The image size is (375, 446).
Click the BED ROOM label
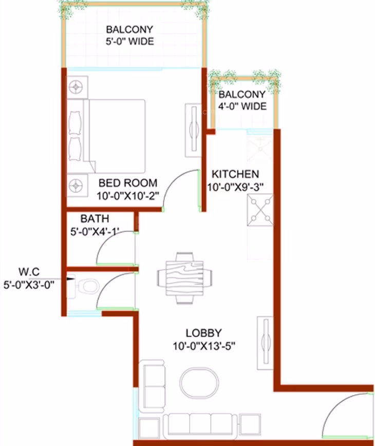pos(128,183)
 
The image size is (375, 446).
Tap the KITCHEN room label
pos(235,174)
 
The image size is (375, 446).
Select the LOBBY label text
pos(204,333)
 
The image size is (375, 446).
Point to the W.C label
pos(29,272)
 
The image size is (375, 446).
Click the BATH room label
pos(95,218)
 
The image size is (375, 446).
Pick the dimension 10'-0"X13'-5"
pos(204,346)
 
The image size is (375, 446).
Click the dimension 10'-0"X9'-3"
pos(235,187)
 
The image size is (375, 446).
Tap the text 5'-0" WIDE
pos(130,42)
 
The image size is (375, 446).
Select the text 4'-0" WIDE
pos(242,106)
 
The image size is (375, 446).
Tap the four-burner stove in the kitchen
pos(260,210)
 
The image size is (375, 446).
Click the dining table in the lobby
pos(184,278)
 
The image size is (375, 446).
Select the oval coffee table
pos(199,383)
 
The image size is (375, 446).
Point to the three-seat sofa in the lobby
pos(200,426)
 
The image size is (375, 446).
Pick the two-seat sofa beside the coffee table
pos(152,386)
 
